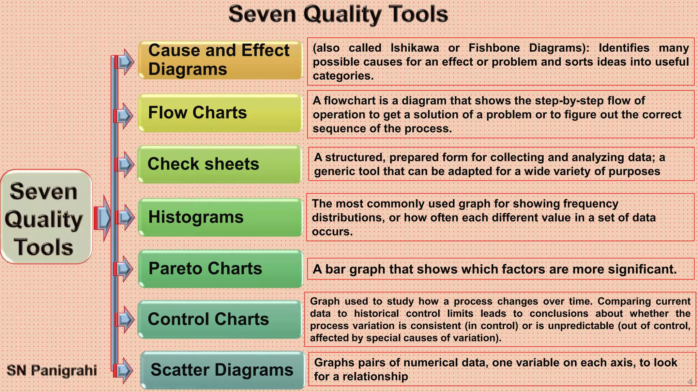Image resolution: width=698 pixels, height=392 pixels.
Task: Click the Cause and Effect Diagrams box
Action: click(220, 60)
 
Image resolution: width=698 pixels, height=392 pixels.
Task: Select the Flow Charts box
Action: click(220, 113)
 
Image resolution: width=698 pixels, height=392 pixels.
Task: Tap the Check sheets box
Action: click(219, 164)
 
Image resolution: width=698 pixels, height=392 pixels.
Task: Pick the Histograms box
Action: click(220, 217)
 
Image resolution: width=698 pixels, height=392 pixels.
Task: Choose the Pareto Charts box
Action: click(220, 268)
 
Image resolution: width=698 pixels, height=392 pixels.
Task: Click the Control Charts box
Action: click(219, 319)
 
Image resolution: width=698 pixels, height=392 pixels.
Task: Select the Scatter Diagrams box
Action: click(222, 370)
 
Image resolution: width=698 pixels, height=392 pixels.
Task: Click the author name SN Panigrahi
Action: click(52, 370)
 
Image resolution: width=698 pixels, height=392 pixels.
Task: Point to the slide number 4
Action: click(690, 382)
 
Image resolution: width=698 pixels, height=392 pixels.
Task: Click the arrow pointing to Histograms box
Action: click(124, 217)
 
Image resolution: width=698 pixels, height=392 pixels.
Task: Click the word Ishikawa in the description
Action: click(414, 48)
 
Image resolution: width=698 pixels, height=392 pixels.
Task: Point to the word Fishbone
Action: click(494, 48)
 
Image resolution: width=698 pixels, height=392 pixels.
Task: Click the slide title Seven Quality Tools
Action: click(338, 14)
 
